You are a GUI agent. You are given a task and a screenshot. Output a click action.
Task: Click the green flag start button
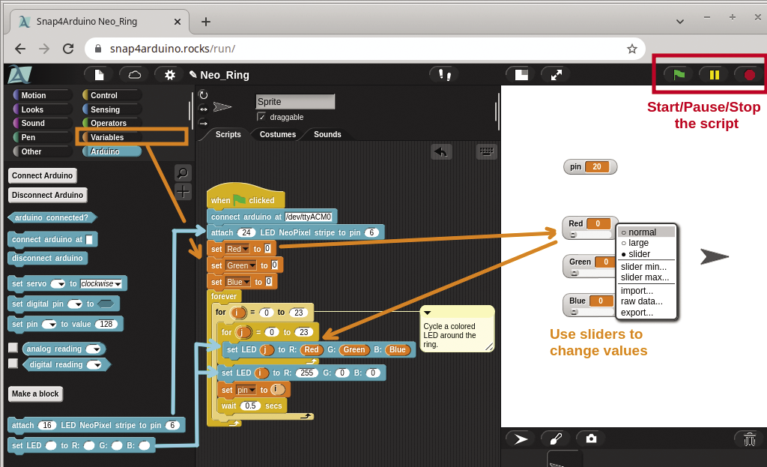pos(679,74)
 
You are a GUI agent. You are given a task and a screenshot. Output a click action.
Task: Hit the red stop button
pos(749,74)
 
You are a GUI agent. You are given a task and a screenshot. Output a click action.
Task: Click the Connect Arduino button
pos(43,175)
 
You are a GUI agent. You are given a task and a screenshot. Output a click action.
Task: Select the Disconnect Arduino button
pos(48,195)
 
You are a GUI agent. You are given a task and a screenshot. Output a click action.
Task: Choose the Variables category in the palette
pos(107,137)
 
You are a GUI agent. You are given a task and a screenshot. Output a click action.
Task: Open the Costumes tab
pos(277,134)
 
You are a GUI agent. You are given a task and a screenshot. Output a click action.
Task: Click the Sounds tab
pos(327,134)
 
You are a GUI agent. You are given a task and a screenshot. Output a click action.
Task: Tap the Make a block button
pos(35,394)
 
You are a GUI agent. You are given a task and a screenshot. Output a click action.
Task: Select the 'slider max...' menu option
pos(645,277)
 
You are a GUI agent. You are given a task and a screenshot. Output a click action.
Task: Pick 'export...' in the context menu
pos(637,313)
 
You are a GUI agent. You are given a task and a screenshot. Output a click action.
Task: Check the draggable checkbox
pos(261,117)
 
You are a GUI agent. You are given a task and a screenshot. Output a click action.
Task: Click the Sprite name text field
pos(295,101)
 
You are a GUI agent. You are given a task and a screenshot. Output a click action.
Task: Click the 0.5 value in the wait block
pos(251,406)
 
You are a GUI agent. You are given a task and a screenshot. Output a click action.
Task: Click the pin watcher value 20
pos(596,166)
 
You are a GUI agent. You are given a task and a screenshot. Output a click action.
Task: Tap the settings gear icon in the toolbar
pos(169,74)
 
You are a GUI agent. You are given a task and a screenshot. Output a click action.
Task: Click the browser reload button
pos(68,49)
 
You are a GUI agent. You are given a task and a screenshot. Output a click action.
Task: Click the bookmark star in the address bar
pos(631,49)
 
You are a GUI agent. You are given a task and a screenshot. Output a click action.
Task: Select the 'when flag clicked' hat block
pos(242,199)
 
